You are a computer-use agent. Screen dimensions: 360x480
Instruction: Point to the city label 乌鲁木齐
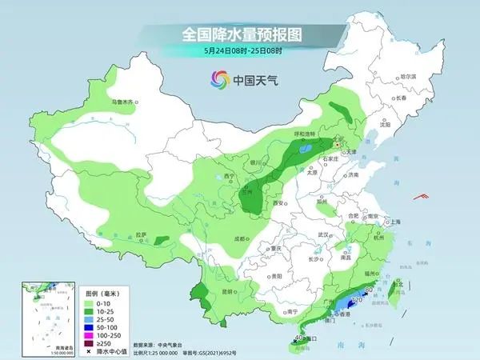pos(125,102)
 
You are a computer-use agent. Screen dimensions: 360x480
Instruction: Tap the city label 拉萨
pos(142,234)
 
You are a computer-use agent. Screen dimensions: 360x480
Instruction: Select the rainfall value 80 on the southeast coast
pos(368,290)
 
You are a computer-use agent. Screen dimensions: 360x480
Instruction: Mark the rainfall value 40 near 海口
pos(298,339)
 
